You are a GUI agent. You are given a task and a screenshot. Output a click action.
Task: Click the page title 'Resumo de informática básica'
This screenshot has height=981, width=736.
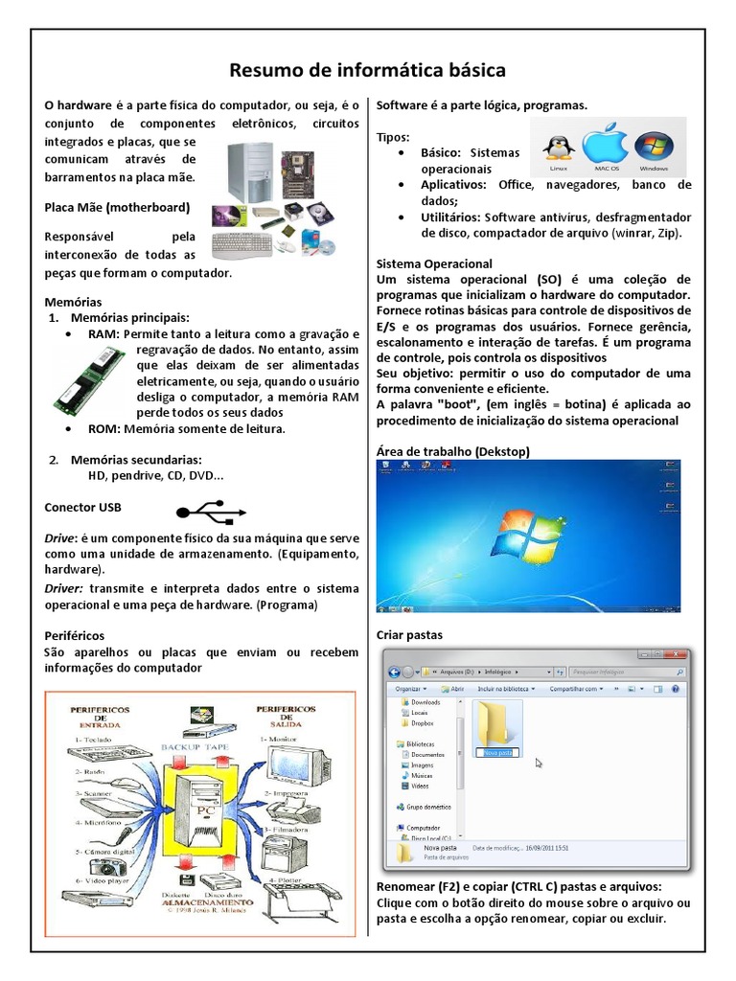coord(368,71)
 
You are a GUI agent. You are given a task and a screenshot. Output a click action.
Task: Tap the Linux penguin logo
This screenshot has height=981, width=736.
coord(559,147)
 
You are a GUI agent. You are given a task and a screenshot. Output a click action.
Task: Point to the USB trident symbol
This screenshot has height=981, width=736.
coord(203,509)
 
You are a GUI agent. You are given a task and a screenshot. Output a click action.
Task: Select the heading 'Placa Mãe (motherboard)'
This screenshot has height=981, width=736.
coord(118,207)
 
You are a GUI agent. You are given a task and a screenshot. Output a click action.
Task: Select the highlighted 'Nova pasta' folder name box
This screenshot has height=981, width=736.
coord(496,753)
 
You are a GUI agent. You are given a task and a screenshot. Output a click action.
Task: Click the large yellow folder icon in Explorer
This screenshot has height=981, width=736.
coord(496,724)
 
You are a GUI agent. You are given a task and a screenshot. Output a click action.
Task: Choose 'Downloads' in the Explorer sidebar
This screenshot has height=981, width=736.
coord(425,702)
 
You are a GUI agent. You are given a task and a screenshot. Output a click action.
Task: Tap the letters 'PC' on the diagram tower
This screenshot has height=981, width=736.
coord(203,810)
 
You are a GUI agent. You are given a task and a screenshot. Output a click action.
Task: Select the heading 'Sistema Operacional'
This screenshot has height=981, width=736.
coord(434,262)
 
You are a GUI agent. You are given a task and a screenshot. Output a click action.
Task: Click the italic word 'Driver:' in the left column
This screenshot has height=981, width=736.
coord(65,587)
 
